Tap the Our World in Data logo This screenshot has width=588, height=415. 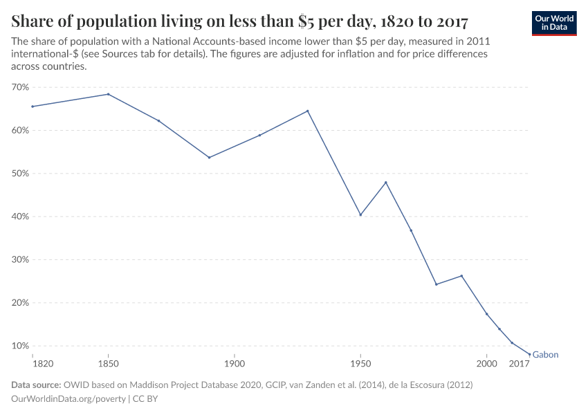tap(554, 23)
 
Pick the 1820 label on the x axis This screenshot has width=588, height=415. tap(33, 363)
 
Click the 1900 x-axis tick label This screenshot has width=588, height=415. tap(235, 363)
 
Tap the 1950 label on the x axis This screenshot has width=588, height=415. tap(360, 363)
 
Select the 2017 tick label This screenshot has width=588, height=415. tap(519, 363)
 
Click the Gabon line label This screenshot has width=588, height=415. tap(545, 355)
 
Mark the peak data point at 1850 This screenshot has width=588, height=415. tap(108, 94)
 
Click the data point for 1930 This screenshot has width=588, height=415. tap(308, 111)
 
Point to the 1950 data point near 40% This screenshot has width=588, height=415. tap(360, 214)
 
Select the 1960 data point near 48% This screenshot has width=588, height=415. tap(386, 183)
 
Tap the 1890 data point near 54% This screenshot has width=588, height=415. tap(209, 157)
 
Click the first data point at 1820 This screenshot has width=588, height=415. tap(33, 107)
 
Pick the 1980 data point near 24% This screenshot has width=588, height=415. tap(436, 284)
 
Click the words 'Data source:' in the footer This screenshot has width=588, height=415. tap(36, 385)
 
